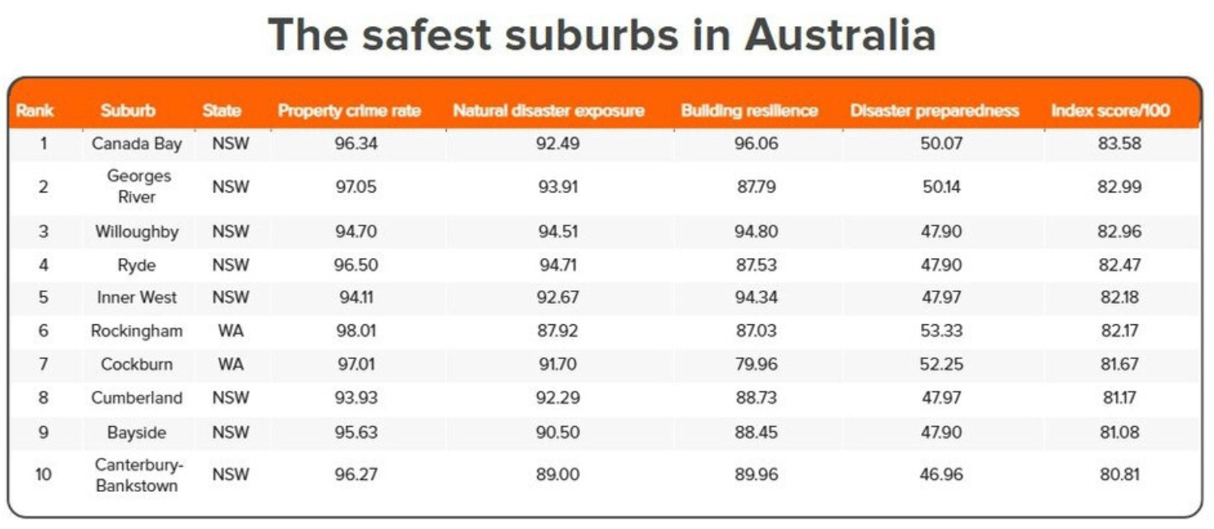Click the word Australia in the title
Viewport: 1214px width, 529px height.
point(839,35)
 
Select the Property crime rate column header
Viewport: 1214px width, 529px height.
point(350,111)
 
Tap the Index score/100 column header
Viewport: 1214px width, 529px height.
point(1110,111)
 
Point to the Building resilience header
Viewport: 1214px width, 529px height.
point(749,111)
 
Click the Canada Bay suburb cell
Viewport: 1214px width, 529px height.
point(137,145)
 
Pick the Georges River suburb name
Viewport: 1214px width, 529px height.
point(137,186)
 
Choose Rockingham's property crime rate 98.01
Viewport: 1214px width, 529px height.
point(356,331)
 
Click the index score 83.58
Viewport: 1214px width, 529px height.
point(1120,145)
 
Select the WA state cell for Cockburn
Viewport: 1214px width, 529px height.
point(231,364)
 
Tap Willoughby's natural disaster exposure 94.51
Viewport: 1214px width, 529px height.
point(558,231)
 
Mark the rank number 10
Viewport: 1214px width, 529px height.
point(43,474)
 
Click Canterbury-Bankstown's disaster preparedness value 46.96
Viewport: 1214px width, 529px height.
point(941,474)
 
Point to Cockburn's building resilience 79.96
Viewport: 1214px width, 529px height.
point(756,364)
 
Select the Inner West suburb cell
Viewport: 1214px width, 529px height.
point(137,297)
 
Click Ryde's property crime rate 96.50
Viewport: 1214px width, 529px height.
point(356,264)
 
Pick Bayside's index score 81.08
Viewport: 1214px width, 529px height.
point(1120,432)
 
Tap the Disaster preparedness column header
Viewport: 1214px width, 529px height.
point(935,111)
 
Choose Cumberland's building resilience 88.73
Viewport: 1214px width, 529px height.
point(756,398)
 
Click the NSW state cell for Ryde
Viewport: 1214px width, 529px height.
point(231,264)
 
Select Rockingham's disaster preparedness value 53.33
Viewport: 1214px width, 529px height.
point(941,331)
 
